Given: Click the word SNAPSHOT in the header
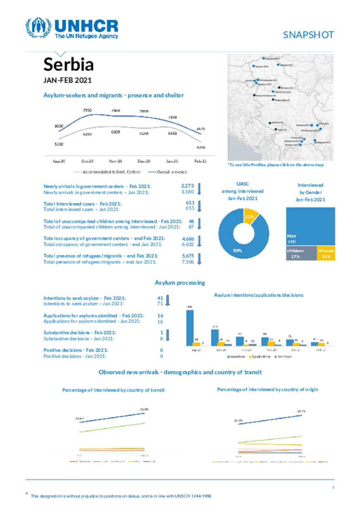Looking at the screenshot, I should [x=308, y=35].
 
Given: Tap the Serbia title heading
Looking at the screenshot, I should [x=69, y=64].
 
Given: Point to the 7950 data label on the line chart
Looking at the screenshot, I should [x=87, y=110].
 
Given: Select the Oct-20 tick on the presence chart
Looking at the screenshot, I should [x=87, y=161].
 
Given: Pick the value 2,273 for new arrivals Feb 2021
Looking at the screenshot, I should [x=187, y=186].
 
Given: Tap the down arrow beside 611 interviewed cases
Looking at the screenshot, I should [x=199, y=206].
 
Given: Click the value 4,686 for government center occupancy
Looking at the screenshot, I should [x=188, y=239].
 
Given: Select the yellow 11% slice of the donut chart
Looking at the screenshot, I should [x=250, y=216].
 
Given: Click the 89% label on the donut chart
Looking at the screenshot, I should [x=238, y=250].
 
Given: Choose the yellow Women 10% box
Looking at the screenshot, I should [x=326, y=254].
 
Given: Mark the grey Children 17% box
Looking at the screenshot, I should [x=301, y=254].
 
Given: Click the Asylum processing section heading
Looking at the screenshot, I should [x=180, y=283].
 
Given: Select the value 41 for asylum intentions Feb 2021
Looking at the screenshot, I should [x=160, y=298].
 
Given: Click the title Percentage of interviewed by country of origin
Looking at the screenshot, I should [x=267, y=390].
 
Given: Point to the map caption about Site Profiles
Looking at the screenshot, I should [x=276, y=165].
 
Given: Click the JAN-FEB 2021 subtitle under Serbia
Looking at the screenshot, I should [x=67, y=80].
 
